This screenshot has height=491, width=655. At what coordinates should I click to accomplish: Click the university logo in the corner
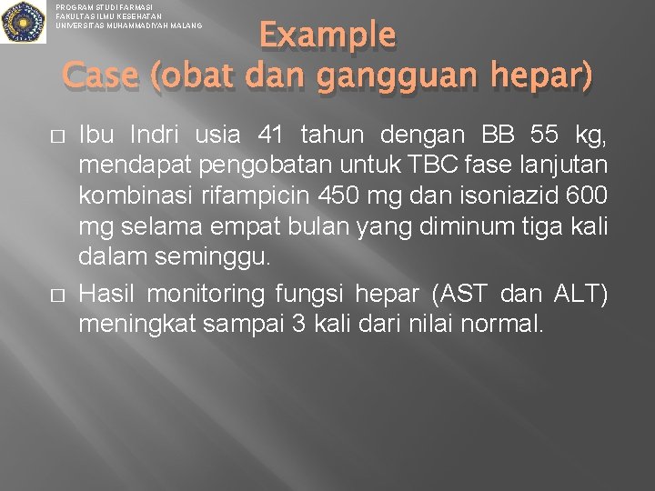(x=23, y=22)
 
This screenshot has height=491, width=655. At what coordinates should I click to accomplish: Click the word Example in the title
(x=327, y=35)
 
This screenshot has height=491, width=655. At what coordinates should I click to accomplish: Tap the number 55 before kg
(x=543, y=136)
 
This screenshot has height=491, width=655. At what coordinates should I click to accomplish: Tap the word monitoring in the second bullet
(x=215, y=295)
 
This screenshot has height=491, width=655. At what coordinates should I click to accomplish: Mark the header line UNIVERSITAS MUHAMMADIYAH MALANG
(x=128, y=25)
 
